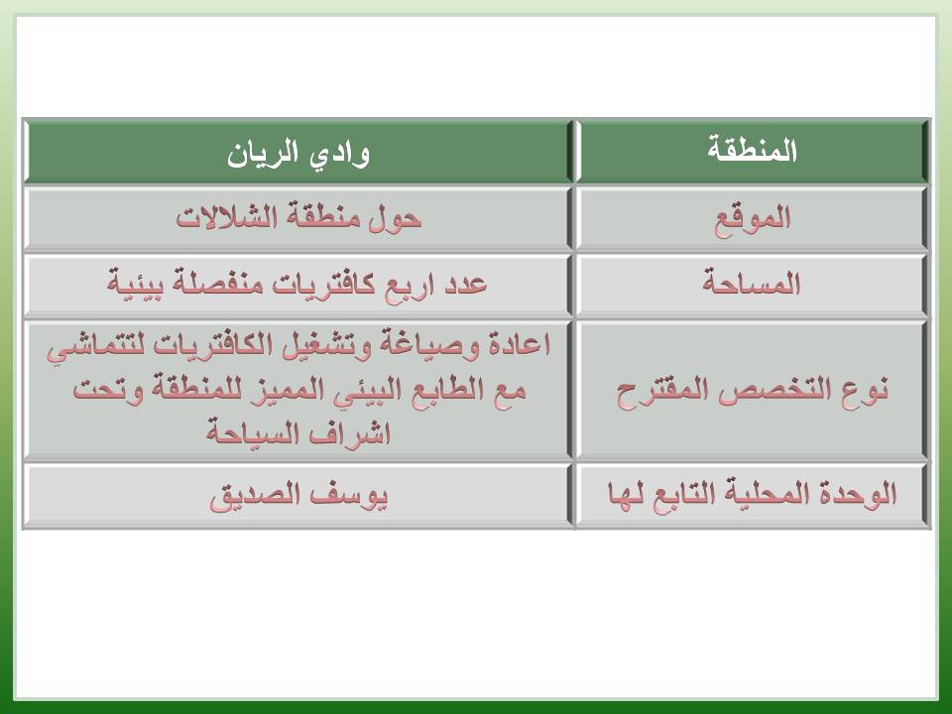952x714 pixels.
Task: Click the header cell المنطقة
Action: (753, 151)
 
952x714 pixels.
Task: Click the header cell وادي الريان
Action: (298, 152)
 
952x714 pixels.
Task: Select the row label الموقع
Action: (753, 219)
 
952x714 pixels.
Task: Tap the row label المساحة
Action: (753, 284)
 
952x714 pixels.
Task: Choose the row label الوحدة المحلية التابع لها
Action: (753, 494)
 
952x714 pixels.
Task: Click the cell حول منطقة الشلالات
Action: (298, 218)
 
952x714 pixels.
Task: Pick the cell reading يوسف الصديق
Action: (298, 496)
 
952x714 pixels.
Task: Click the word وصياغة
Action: (429, 344)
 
